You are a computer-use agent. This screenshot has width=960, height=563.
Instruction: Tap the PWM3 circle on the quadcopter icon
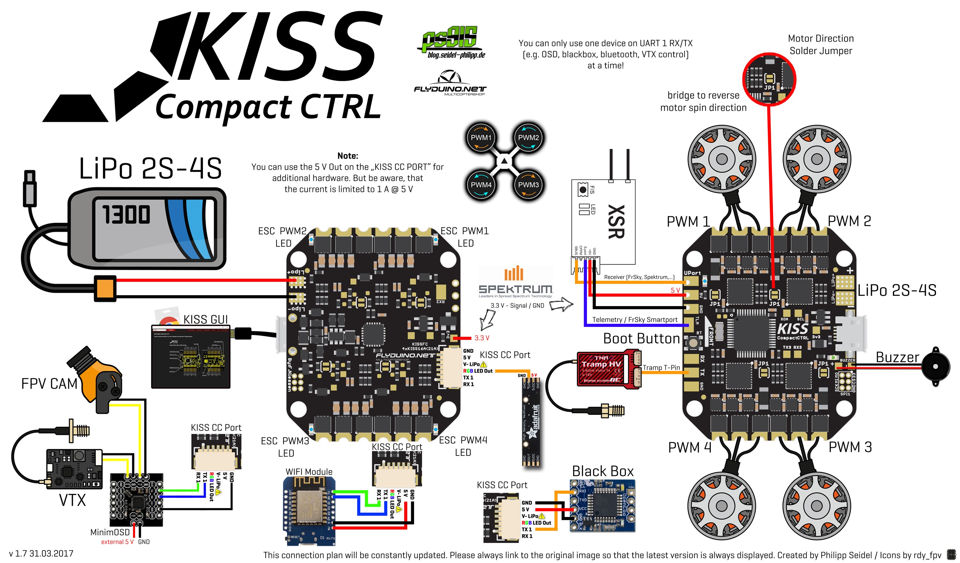528,185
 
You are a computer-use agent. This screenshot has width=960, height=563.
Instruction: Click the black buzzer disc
935,367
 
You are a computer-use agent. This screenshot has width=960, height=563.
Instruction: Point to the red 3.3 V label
482,338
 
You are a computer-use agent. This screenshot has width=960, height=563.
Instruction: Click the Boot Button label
642,338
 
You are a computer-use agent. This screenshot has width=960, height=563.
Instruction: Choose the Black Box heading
603,471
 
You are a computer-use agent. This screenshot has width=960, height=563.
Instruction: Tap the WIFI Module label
309,472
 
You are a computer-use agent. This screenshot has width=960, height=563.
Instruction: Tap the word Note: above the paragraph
348,156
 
